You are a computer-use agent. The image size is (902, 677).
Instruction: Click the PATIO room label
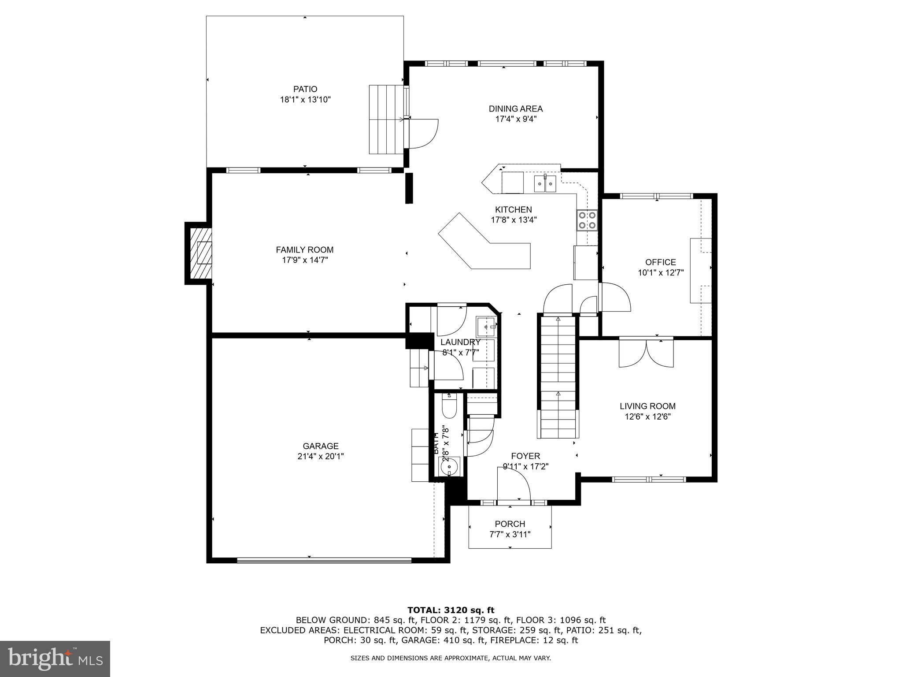[x=305, y=89]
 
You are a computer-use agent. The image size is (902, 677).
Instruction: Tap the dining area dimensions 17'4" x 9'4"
[x=515, y=119]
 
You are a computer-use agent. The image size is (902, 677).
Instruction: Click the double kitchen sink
[x=546, y=183]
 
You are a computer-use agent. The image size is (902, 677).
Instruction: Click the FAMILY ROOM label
[x=305, y=250]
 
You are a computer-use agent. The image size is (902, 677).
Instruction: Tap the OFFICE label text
[x=660, y=262]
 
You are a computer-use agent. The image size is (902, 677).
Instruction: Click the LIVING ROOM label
[x=647, y=406]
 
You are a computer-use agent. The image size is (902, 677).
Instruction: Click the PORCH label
[x=510, y=524]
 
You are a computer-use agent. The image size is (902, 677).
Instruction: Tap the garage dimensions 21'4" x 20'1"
[x=320, y=457]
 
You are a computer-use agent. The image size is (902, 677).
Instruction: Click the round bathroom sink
[x=450, y=466]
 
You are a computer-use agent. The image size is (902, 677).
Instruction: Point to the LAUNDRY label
[x=460, y=342]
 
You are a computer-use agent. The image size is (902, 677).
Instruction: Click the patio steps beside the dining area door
[x=386, y=119]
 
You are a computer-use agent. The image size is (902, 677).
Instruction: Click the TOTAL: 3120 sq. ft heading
[x=451, y=610]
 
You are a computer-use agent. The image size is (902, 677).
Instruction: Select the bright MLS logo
[x=55, y=658]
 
